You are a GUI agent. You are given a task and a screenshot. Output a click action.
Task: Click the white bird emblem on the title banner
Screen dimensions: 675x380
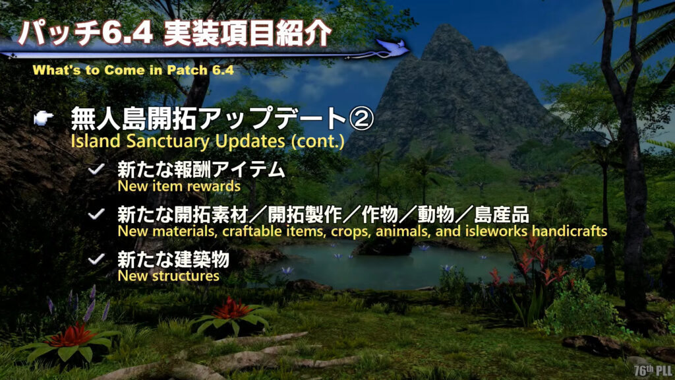click(x=393, y=47)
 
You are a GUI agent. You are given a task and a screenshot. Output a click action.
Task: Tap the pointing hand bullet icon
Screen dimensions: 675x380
click(x=44, y=117)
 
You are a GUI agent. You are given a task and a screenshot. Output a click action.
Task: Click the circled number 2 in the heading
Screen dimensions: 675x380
click(x=361, y=119)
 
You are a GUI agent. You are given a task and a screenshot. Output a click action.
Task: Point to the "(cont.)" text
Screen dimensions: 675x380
click(x=318, y=141)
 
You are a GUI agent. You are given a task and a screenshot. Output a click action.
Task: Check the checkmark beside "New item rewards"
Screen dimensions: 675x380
click(x=96, y=169)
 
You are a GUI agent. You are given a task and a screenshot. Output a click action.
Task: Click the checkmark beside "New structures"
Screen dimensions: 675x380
click(x=96, y=259)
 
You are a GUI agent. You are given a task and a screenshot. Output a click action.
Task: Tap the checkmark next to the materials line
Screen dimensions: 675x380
click(x=96, y=214)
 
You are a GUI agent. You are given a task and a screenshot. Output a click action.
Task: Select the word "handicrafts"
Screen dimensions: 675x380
click(x=570, y=231)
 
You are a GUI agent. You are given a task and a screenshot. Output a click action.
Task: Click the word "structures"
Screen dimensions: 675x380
click(x=186, y=276)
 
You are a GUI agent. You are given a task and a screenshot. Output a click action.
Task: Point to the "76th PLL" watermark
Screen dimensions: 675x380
click(x=653, y=370)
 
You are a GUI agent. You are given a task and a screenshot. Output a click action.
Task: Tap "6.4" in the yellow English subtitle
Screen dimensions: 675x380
click(x=223, y=70)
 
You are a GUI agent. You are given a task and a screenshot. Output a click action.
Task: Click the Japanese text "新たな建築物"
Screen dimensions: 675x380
click(x=173, y=259)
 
